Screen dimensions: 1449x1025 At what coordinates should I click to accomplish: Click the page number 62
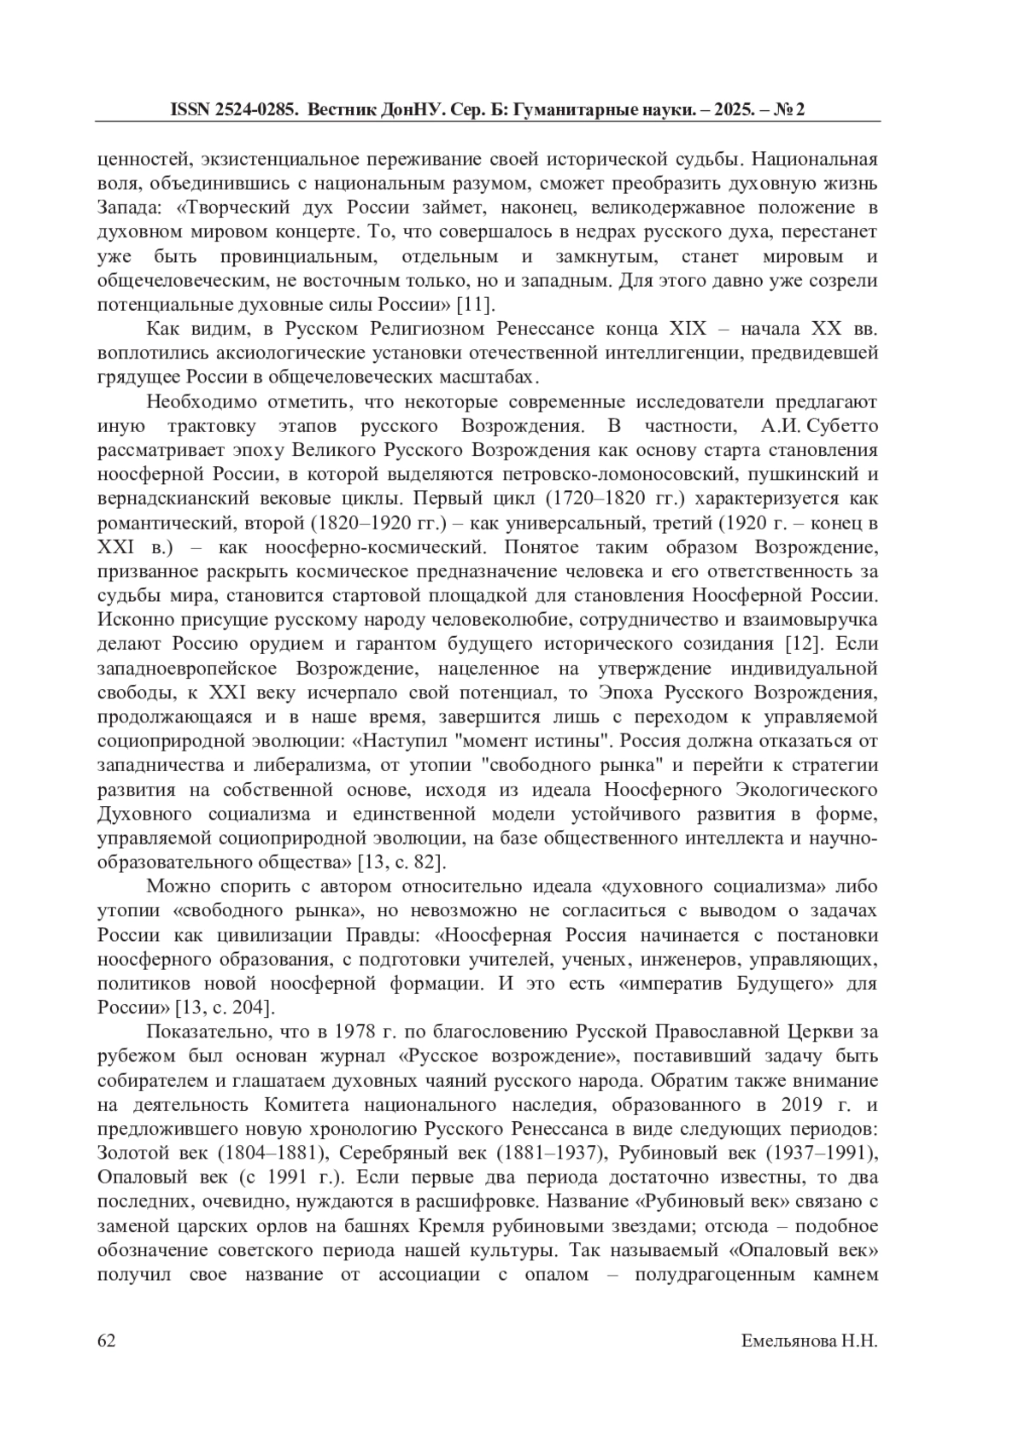[x=107, y=1341]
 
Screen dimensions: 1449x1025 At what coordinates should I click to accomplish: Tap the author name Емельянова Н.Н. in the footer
[x=809, y=1341]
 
